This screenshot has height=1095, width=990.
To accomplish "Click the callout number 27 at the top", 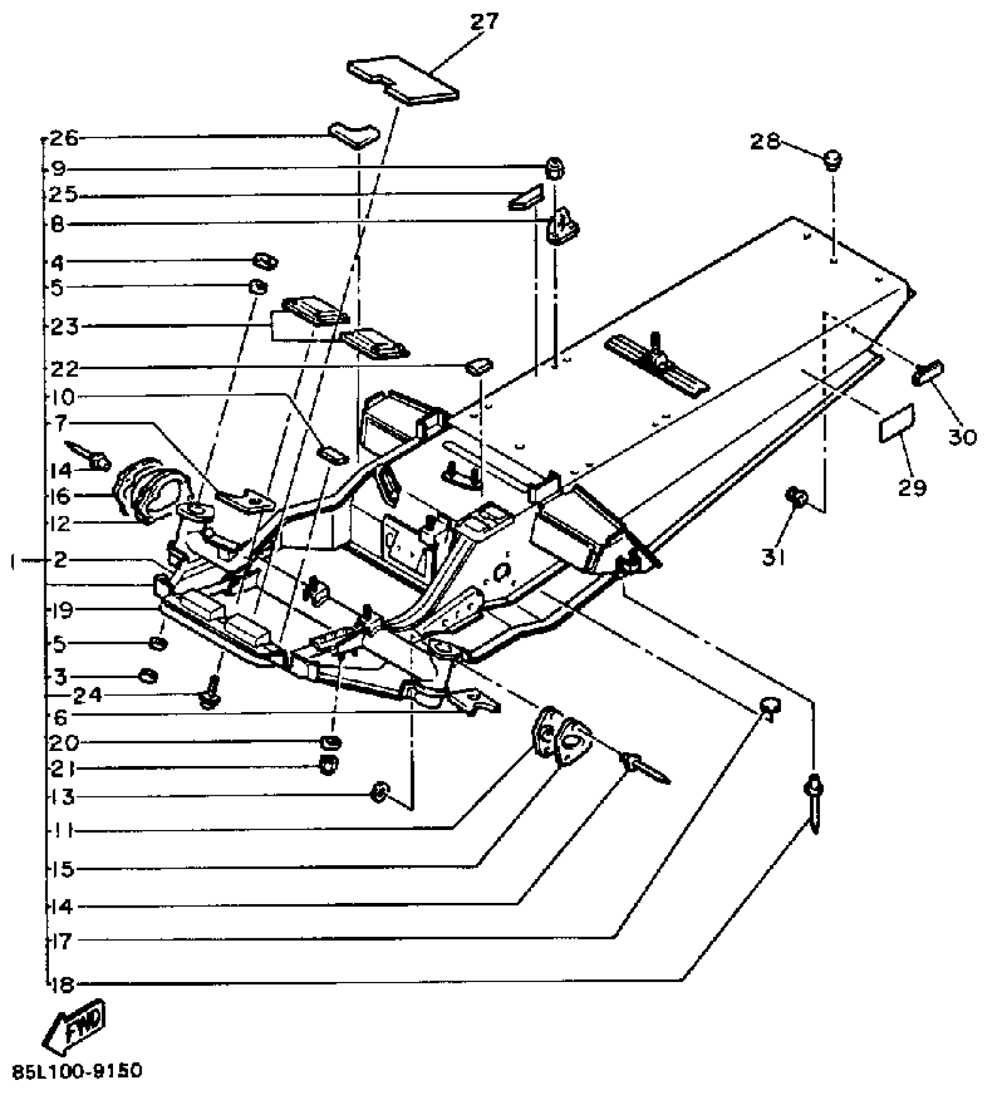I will coord(485,22).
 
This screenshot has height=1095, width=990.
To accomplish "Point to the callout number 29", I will coord(911,487).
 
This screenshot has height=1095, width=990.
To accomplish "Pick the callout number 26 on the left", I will coord(64,139).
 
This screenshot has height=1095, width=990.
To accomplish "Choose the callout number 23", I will coord(64,327).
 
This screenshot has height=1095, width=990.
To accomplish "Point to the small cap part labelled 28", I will coord(833,159).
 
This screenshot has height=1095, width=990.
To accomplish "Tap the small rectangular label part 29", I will coord(896,421).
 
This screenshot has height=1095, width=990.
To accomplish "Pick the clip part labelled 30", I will coord(928,373).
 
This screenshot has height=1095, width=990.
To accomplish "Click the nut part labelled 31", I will coord(796,497).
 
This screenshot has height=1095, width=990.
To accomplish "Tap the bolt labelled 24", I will coord(210,694).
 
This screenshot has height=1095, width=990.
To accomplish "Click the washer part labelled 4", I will coord(266,261).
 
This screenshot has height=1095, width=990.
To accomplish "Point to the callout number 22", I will coord(64,368).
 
